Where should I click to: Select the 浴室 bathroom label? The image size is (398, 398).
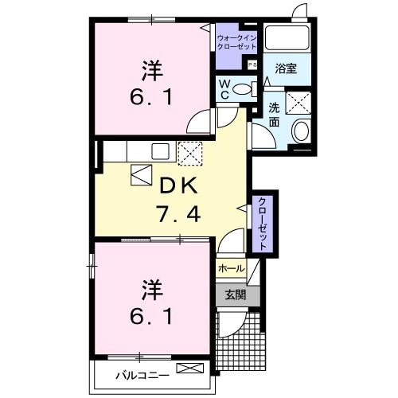click(286, 68)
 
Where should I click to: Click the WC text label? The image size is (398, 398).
click(225, 89)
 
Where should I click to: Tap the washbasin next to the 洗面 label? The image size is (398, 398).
click(302, 131)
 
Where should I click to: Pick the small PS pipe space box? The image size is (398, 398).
click(253, 65)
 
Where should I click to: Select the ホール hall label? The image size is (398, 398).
click(229, 268)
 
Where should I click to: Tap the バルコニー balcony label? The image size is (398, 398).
click(139, 371)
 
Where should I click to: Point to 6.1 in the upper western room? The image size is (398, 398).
click(149, 101)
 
